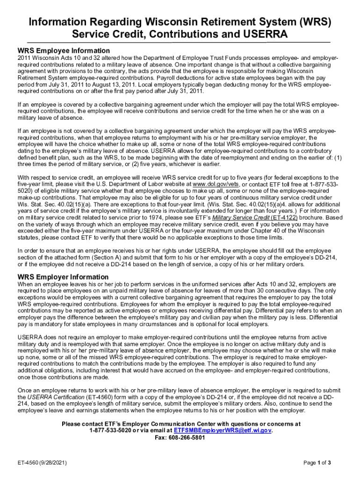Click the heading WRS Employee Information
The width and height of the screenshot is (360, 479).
click(x=64, y=51)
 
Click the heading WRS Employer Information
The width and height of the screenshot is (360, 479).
click(x=63, y=277)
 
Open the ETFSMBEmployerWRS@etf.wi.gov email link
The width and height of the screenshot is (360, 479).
click(x=223, y=430)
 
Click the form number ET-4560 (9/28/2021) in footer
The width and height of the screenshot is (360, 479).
click(x=42, y=463)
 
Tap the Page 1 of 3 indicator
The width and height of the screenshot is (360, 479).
click(x=317, y=463)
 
